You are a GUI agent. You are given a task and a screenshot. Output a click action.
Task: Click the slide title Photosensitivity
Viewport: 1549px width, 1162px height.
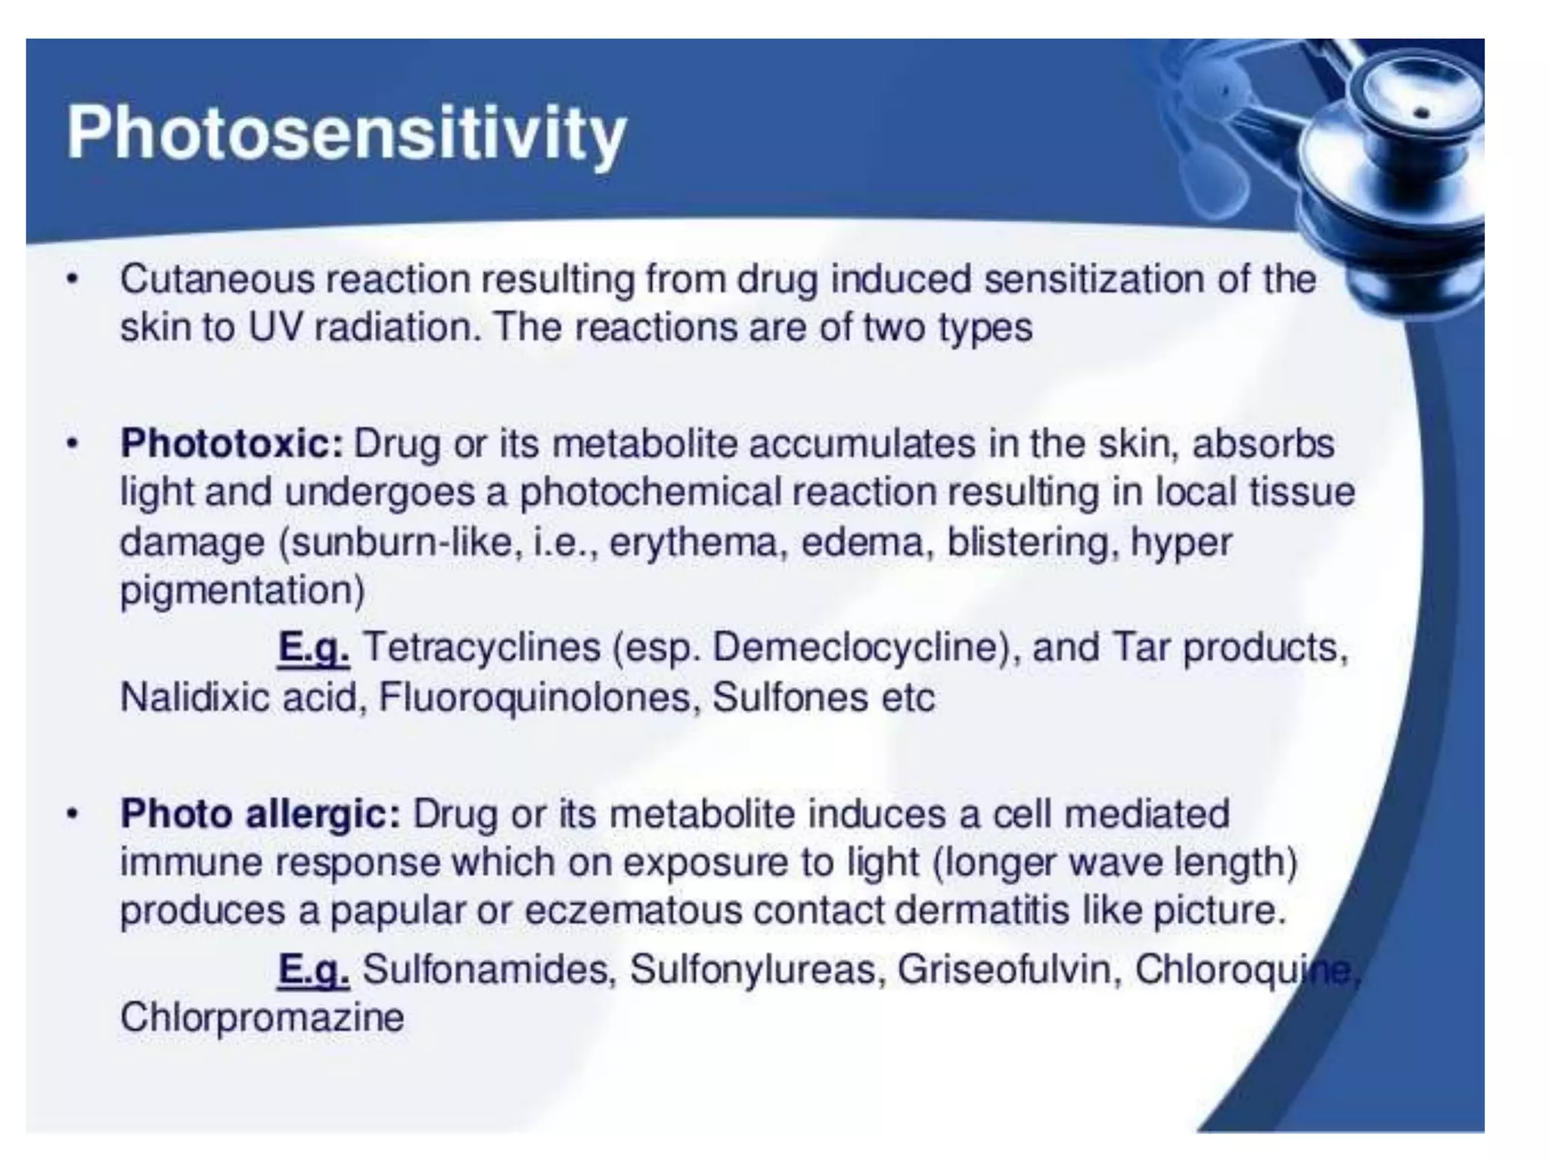pyautogui.click(x=346, y=135)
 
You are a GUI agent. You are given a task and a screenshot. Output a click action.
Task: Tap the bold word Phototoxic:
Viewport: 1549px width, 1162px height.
pyautogui.click(x=232, y=444)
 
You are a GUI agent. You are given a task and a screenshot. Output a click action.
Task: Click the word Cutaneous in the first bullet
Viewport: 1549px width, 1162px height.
pyautogui.click(x=217, y=280)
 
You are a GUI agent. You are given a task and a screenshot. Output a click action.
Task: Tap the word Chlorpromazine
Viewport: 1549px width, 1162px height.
pyautogui.click(x=262, y=1018)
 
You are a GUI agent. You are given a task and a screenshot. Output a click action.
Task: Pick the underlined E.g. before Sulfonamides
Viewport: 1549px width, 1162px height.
pyautogui.click(x=313, y=971)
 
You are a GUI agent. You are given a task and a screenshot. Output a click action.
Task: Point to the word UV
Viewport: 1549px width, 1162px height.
pyautogui.click(x=273, y=328)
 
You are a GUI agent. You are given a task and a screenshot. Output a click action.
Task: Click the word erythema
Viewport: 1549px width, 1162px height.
pyautogui.click(x=693, y=543)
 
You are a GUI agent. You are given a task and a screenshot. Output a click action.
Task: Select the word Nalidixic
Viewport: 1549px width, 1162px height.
pyautogui.click(x=195, y=698)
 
